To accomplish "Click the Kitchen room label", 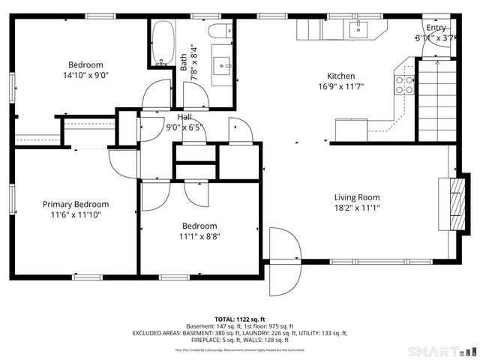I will [340, 76].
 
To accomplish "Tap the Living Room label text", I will [357, 197].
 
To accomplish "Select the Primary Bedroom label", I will [75, 204].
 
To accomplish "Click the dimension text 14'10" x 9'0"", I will [85, 76].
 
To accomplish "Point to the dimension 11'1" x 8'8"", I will [199, 236].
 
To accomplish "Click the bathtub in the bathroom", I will [162, 43].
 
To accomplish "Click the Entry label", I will [436, 27].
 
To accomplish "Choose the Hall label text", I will [184, 117].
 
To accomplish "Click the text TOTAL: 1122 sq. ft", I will [239, 319].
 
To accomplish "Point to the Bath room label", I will [184, 60].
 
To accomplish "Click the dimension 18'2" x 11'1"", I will [357, 208].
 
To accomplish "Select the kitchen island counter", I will [351, 130].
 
